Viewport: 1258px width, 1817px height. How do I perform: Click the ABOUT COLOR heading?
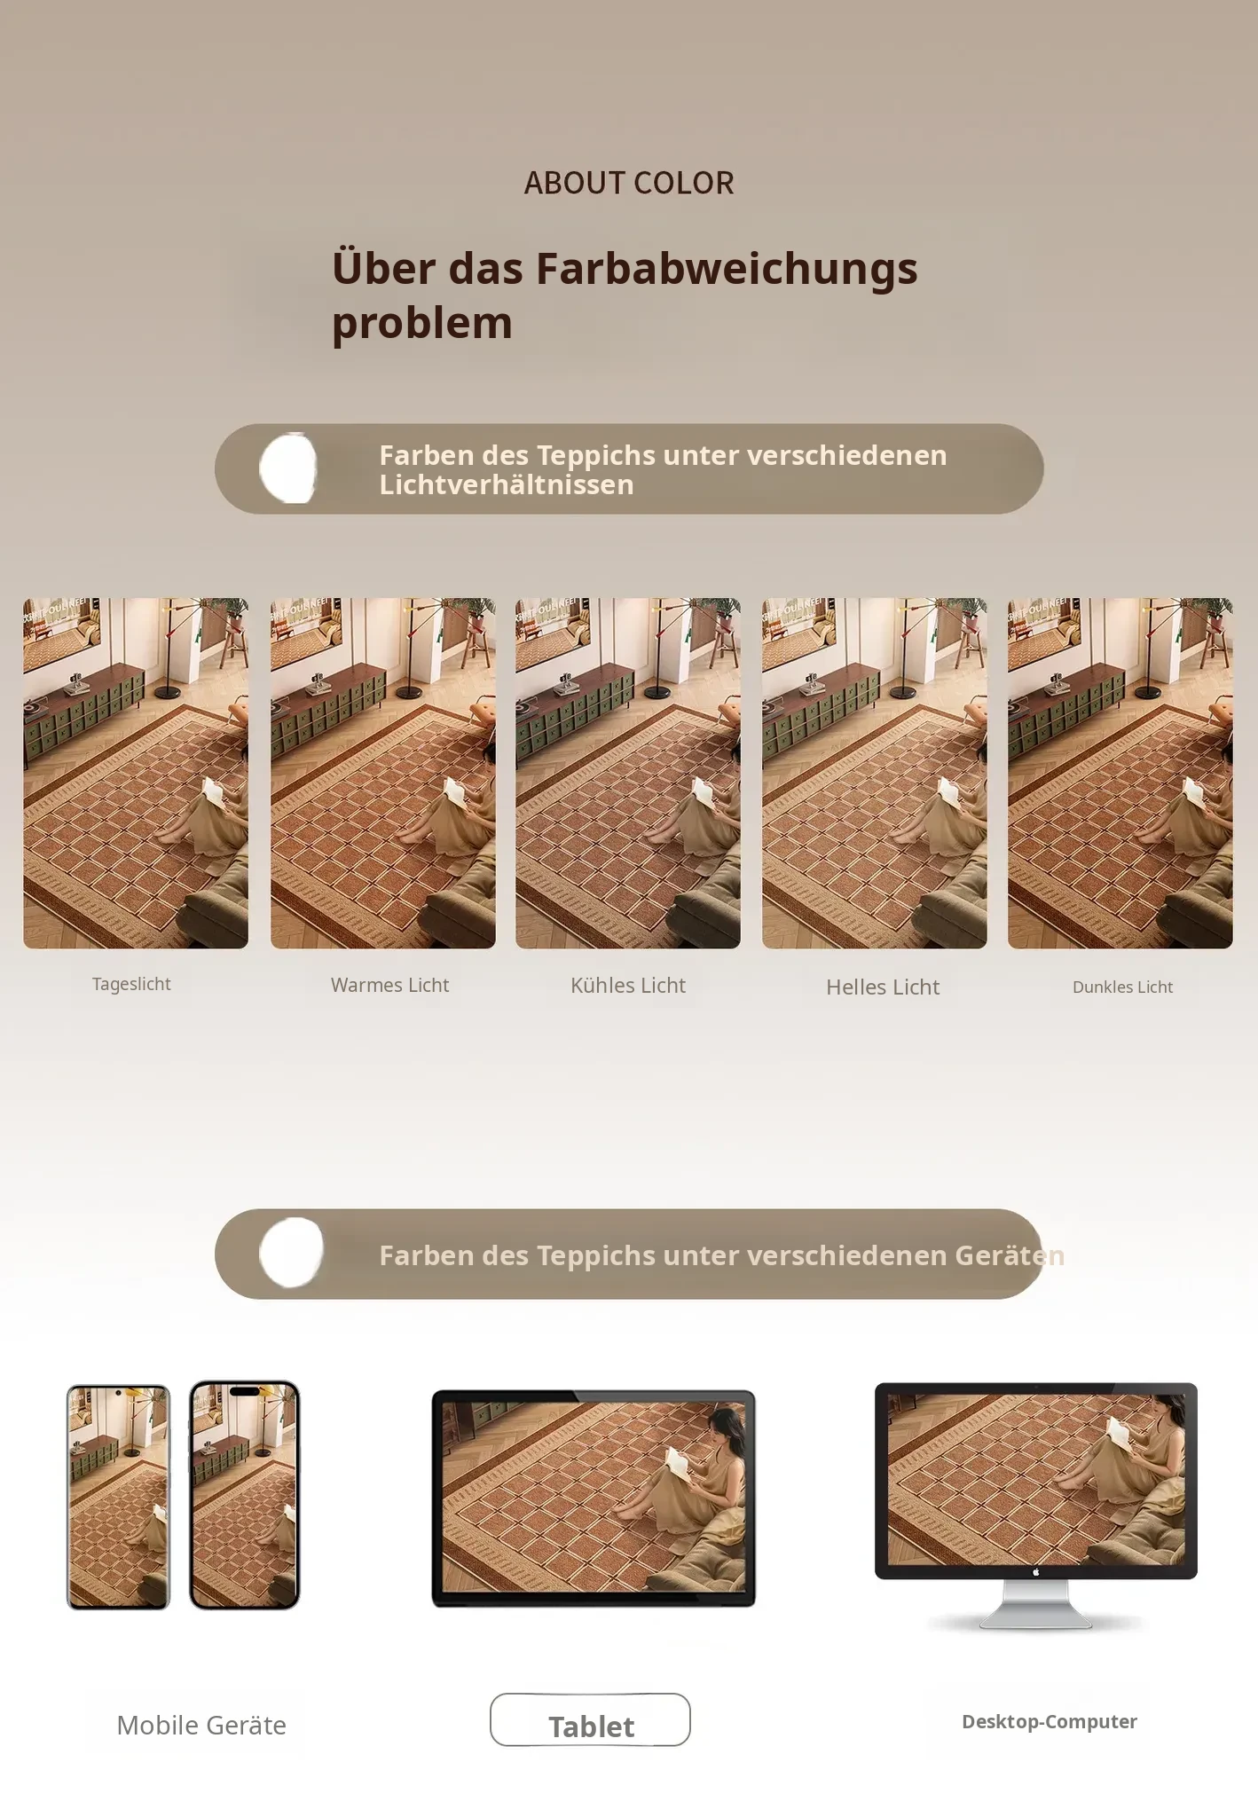coord(629,183)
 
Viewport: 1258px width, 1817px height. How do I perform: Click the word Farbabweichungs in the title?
coord(727,268)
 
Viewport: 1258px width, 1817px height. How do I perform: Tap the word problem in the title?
coord(422,323)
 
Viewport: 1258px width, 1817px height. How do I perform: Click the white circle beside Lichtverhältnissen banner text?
coord(288,468)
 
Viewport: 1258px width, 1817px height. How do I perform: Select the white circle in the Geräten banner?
coord(291,1252)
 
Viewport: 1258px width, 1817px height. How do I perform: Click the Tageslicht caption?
coord(131,984)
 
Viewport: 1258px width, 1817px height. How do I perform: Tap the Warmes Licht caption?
coord(389,985)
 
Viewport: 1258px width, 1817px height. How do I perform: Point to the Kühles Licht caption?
coord(628,986)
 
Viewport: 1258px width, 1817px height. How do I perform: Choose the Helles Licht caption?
coord(883,987)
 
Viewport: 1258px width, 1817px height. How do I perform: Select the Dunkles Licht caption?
coord(1122,987)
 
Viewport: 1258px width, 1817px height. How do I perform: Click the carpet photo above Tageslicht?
coord(136,773)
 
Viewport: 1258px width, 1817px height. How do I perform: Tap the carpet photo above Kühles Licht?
coord(628,773)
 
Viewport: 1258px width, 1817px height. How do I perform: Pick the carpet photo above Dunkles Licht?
coord(1120,773)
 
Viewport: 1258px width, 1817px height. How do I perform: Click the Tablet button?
coord(590,1719)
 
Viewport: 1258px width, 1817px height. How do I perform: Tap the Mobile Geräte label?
coord(201,1725)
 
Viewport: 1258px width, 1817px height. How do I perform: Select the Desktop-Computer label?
coord(1050,1721)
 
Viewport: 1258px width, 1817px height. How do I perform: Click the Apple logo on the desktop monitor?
coord(1035,1572)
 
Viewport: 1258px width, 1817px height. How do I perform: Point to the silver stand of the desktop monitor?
coord(1035,1604)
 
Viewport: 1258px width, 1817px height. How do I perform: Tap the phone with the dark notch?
coord(245,1495)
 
